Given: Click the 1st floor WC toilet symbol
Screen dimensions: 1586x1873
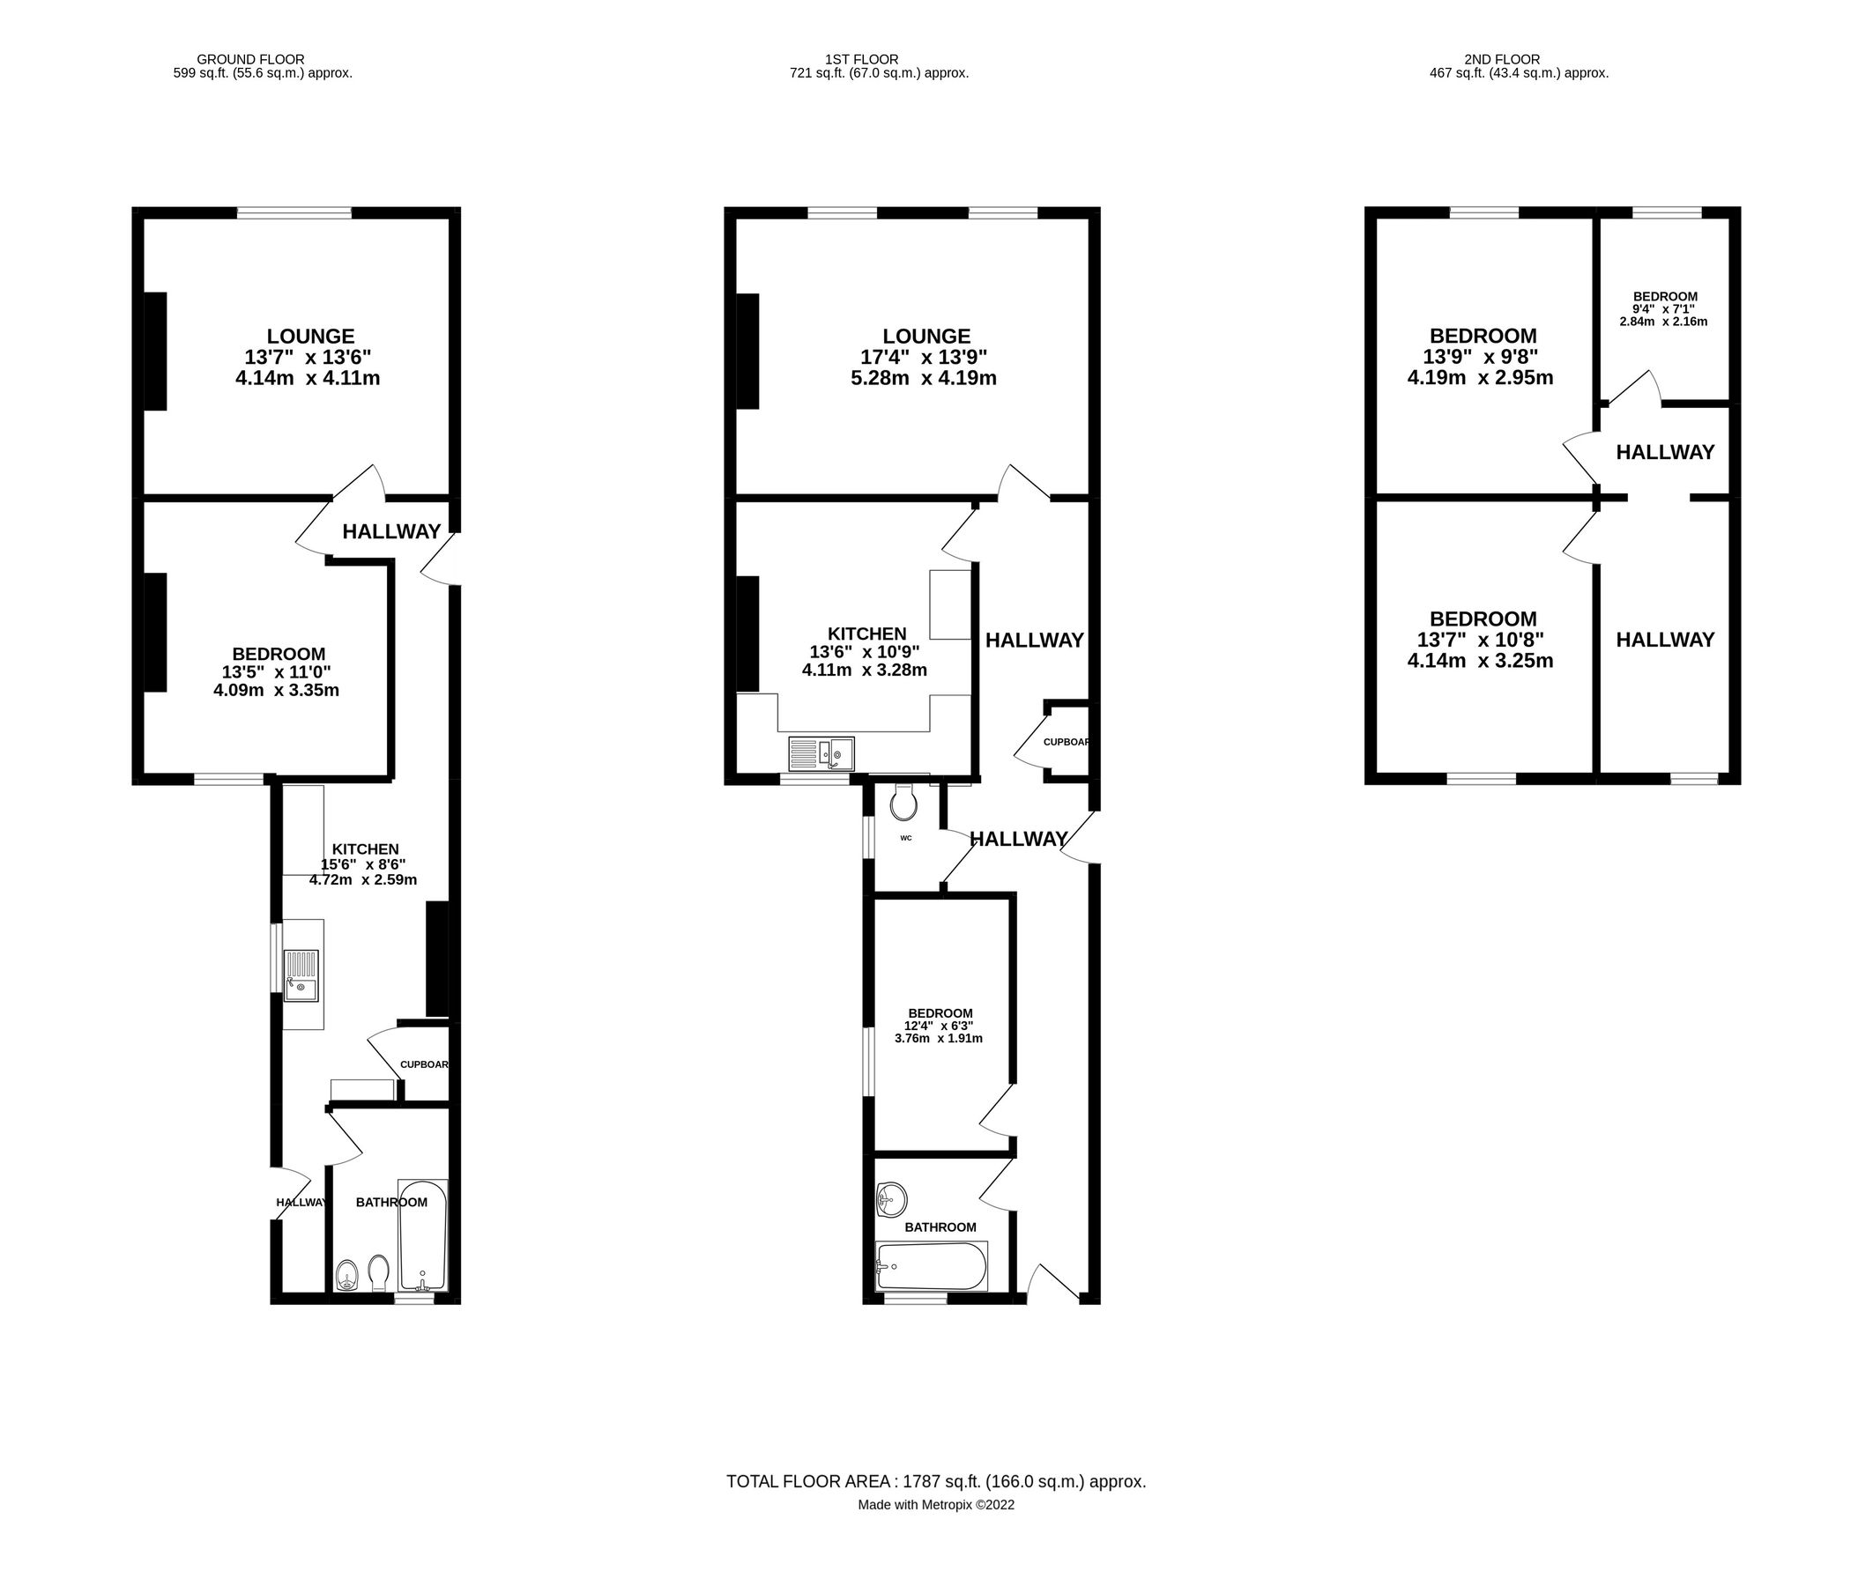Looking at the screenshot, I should coord(904,802).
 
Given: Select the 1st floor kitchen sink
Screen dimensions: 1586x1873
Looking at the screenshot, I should coord(821,753).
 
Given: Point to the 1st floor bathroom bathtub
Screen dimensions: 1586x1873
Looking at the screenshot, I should coord(932,1266).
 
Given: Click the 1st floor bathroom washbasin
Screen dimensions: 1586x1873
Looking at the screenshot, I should coord(891,1198).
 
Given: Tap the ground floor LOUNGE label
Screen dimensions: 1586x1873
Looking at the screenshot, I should coord(310,337).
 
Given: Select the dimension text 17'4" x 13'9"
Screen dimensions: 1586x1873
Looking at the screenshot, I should coord(924,357).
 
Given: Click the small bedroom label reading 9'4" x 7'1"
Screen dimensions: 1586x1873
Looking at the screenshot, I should coord(1664,308).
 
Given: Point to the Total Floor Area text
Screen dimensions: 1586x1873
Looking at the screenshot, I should coord(935,1482).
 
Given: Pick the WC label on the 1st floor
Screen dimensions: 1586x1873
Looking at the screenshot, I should coord(905,838).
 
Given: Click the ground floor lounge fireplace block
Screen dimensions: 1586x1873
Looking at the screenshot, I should coord(155,351).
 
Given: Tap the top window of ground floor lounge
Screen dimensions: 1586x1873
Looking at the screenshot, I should coord(294,213).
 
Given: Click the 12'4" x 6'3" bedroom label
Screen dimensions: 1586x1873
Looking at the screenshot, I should coord(939,1026).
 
